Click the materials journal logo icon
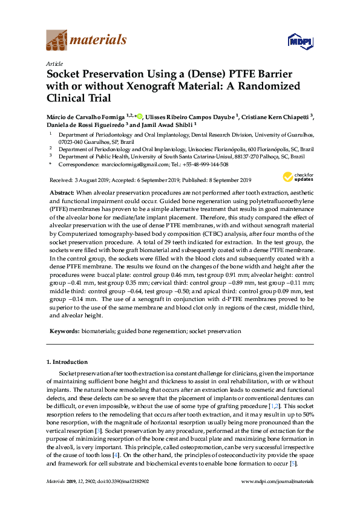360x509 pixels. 56,41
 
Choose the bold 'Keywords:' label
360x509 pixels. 64,331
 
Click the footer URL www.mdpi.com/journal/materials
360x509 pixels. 277,482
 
